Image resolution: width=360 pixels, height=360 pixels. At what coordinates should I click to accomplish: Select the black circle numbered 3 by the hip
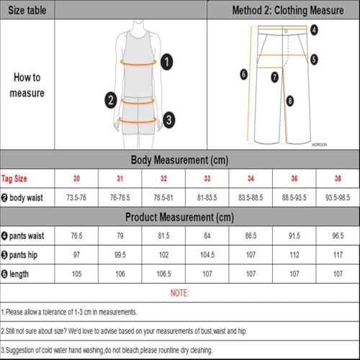pos(168,119)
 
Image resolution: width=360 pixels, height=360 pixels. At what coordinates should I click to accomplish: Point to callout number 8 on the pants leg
pos(290,102)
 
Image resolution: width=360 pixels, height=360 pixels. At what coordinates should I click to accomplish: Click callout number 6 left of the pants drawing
pos(243,73)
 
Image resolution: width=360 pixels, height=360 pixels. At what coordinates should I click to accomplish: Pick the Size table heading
pos(27,9)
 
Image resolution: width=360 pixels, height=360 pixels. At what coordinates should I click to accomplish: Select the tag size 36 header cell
pos(294,179)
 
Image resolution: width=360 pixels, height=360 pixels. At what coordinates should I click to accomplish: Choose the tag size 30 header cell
pos(76,179)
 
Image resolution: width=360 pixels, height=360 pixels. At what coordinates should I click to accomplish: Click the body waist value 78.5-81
pos(163,197)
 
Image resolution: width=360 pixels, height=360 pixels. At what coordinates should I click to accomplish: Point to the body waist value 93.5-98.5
pos(338,197)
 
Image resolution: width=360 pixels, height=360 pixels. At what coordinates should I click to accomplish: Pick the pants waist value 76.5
pos(76,236)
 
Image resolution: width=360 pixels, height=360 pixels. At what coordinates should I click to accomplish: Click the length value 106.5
pos(163,274)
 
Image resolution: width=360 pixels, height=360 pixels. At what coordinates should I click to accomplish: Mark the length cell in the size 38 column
pos(338,274)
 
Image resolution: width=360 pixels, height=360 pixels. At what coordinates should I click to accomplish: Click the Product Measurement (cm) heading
pos(179,217)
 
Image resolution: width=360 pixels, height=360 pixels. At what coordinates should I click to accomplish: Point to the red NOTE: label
pos(179,294)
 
